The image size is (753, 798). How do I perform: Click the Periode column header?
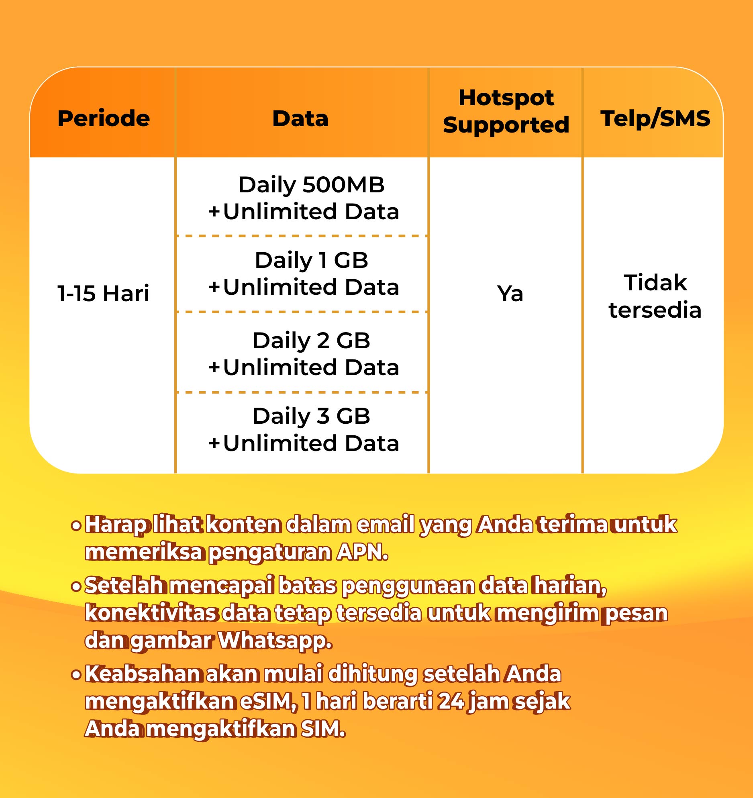(x=104, y=118)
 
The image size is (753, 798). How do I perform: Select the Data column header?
(x=300, y=118)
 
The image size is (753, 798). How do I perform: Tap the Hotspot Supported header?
(x=506, y=111)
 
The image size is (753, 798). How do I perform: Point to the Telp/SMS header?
(x=655, y=118)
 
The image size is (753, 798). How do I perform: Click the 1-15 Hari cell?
(x=103, y=293)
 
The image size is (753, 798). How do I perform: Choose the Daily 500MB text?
(x=311, y=185)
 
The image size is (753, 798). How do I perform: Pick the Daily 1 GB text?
(x=311, y=260)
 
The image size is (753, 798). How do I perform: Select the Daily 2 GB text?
(x=311, y=341)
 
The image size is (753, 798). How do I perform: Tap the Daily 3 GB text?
(x=311, y=416)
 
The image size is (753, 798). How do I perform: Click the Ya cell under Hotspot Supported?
(x=510, y=294)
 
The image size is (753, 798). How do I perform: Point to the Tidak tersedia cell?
(x=655, y=296)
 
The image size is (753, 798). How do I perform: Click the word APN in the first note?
(x=362, y=552)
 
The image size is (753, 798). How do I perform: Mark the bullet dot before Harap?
(x=76, y=525)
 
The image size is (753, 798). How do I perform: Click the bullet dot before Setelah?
(x=76, y=587)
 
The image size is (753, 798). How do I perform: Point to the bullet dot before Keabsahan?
(x=76, y=674)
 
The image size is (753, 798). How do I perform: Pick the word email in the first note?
(x=386, y=525)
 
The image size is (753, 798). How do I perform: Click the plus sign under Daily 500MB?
(x=214, y=212)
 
